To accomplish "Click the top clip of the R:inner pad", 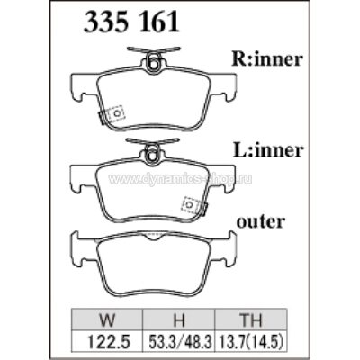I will tap(151, 63).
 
